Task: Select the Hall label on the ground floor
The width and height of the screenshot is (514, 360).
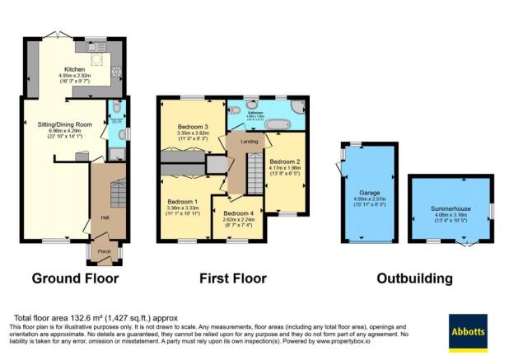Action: tap(105, 217)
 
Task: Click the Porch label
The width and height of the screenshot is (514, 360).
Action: tap(105, 251)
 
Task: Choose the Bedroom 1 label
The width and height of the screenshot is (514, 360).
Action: tap(183, 202)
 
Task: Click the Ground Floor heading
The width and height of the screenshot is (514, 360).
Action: tap(75, 278)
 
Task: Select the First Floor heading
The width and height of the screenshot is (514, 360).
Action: tap(233, 278)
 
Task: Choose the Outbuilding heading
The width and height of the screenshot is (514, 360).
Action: tap(414, 278)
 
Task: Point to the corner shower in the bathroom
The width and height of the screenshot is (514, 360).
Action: tap(297, 105)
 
